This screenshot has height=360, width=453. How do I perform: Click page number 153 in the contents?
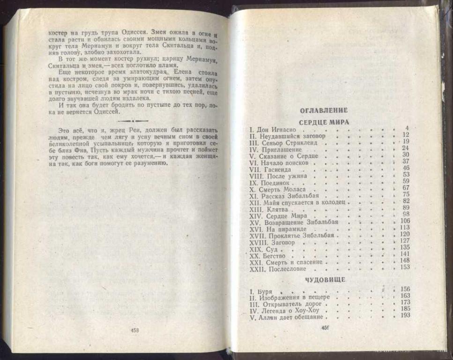pyautogui.click(x=404, y=267)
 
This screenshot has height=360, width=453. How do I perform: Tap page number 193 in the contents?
pyautogui.click(x=405, y=315)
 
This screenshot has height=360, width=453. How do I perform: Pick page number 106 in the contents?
pyautogui.click(x=405, y=221)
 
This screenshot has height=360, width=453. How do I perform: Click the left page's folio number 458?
pyautogui.click(x=134, y=330)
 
